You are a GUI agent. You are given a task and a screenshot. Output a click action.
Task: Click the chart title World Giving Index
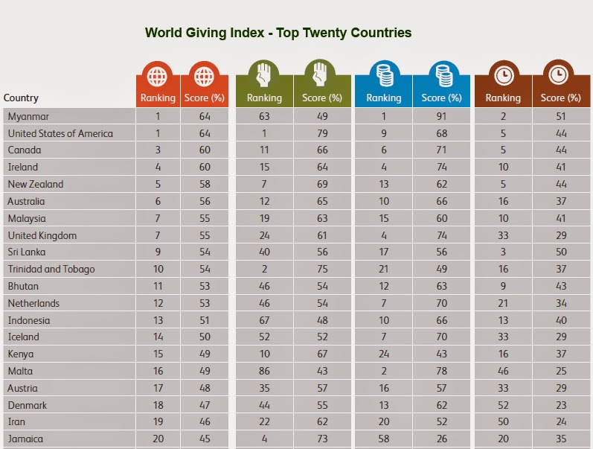[278, 33]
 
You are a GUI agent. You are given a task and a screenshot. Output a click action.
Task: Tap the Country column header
[21, 98]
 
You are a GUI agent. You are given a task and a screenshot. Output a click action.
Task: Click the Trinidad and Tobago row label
[51, 269]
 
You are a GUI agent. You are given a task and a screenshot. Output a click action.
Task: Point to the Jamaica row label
[25, 439]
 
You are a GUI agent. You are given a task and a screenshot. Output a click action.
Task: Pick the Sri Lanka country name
[27, 252]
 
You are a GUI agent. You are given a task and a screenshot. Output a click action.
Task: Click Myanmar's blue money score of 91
[442, 116]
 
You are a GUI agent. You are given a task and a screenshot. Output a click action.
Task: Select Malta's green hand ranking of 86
[264, 371]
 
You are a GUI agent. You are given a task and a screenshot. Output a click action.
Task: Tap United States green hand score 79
[323, 133]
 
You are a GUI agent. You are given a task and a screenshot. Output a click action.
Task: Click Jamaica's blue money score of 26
[442, 439]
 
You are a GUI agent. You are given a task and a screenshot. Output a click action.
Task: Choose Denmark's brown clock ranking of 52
[503, 404]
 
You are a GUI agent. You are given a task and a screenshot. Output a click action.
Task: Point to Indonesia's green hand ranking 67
[264, 320]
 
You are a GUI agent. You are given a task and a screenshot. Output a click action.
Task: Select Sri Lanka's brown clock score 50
[561, 252]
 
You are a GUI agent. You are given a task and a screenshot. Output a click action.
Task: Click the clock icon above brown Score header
[561, 75]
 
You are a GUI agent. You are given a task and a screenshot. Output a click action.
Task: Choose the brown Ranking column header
[503, 98]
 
